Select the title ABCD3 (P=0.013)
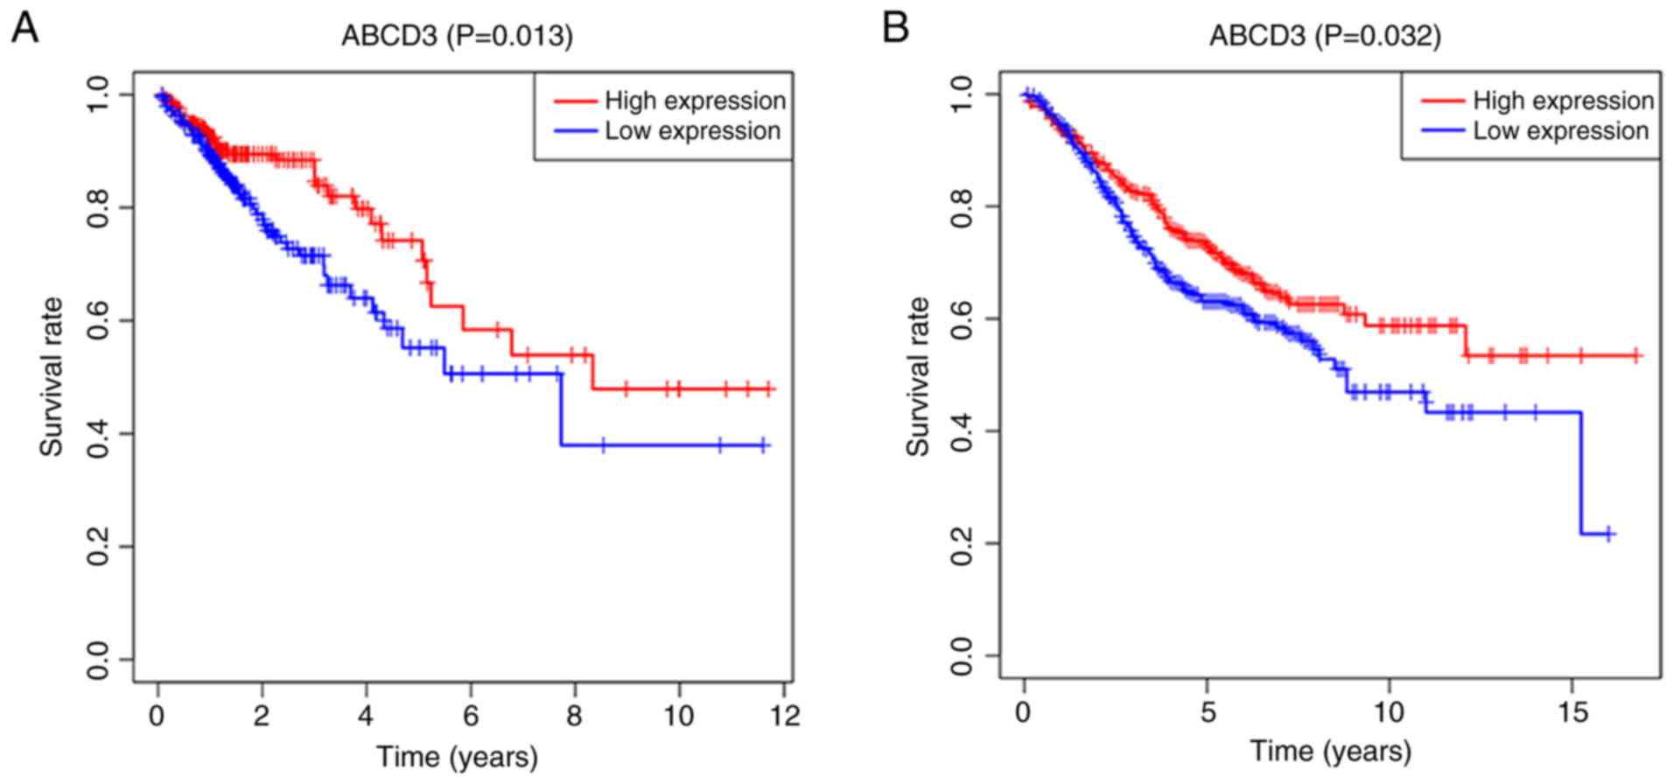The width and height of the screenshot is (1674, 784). pyautogui.click(x=457, y=36)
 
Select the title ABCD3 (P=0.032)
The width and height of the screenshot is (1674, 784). pyautogui.click(x=1325, y=36)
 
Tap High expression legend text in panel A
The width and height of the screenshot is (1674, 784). pyautogui.click(x=695, y=101)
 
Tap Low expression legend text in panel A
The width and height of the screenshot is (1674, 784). pyautogui.click(x=692, y=130)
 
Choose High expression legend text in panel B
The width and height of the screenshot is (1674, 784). pyautogui.click(x=1563, y=101)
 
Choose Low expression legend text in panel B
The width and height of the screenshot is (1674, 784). pyautogui.click(x=1560, y=130)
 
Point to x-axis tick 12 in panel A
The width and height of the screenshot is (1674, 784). pyautogui.click(x=785, y=716)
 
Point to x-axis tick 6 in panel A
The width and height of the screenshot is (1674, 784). pyautogui.click(x=471, y=716)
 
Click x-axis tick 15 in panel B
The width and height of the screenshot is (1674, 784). pyautogui.click(x=1572, y=712)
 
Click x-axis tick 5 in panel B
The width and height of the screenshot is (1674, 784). pyautogui.click(x=1208, y=712)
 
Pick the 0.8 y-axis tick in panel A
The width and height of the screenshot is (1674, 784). pyautogui.click(x=99, y=207)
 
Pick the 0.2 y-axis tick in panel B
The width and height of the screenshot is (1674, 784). pyautogui.click(x=963, y=543)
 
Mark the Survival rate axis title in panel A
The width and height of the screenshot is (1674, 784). pyautogui.click(x=52, y=377)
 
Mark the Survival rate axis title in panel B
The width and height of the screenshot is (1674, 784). pyautogui.click(x=918, y=377)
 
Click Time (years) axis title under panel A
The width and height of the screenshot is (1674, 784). pyautogui.click(x=457, y=756)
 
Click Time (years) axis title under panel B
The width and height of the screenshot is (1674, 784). pyautogui.click(x=1330, y=751)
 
